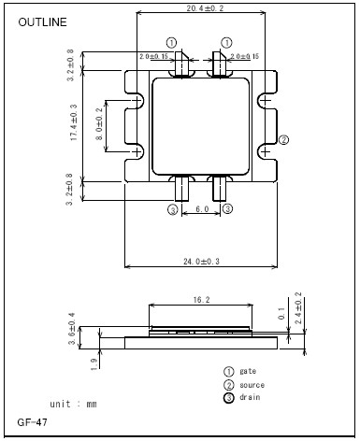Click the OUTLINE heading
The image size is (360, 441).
pos(42,22)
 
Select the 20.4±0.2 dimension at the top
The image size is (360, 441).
pos(205,8)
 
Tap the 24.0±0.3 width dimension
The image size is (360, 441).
pos(201,262)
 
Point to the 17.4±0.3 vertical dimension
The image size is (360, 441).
pos(74,122)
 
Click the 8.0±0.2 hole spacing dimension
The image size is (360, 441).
pos(99,124)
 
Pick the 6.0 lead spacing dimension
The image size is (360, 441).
pos(202,209)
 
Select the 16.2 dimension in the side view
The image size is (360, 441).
pos(202,300)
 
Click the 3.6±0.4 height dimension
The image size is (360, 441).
pos(72,329)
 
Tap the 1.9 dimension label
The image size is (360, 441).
pos(94,363)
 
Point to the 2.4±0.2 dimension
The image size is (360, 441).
pos(298,307)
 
